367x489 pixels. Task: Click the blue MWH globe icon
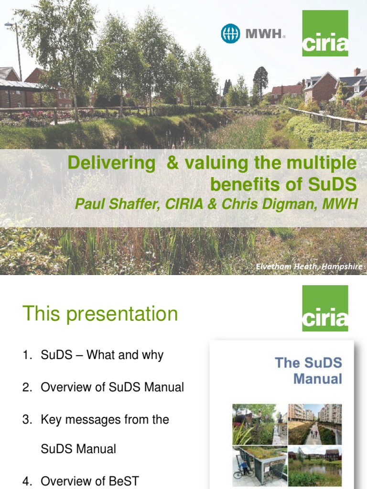click(230, 33)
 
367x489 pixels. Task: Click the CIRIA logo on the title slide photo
click(325, 33)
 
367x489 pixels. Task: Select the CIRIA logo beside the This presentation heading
click(325, 308)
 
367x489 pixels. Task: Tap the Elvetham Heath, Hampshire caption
click(309, 266)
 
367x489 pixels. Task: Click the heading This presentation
click(100, 314)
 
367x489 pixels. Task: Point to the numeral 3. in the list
click(27, 420)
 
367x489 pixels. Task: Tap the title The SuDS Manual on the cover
click(309, 371)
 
